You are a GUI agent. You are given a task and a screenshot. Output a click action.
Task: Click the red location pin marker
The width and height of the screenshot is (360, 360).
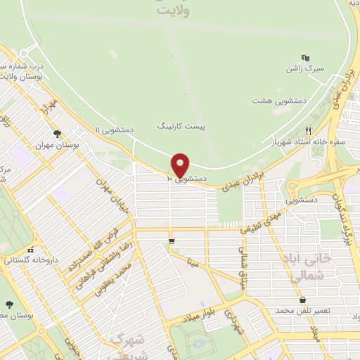181,165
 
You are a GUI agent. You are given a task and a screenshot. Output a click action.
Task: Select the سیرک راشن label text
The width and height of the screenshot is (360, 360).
304,69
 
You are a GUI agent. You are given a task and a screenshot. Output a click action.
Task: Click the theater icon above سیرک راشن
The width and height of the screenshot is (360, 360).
304,57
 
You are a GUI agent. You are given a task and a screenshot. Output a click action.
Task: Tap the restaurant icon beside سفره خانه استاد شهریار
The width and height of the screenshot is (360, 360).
308,130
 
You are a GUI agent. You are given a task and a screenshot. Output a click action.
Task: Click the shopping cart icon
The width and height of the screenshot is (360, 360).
172,242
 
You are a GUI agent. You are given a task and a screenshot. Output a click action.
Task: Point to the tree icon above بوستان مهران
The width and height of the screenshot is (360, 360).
57,134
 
